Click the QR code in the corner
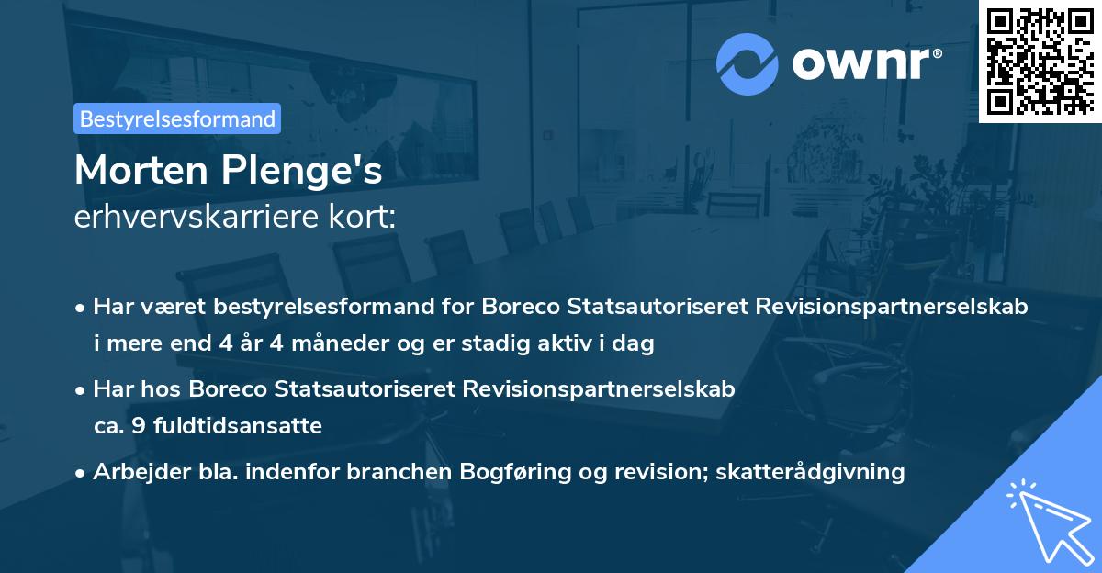[1040, 61]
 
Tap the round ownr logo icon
[748, 63]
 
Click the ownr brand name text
[866, 63]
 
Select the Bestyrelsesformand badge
[177, 118]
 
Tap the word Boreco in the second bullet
[230, 388]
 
